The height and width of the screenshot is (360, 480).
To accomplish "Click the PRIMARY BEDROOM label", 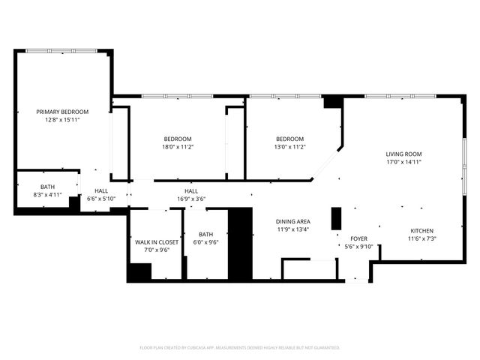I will click(x=62, y=112).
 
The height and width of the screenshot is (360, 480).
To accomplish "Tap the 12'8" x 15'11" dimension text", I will click(x=62, y=119).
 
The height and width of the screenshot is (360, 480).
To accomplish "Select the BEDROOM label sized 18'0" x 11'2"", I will click(x=178, y=139).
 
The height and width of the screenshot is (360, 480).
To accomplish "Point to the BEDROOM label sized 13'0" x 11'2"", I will click(x=289, y=139).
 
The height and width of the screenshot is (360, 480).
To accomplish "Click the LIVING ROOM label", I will click(x=404, y=154).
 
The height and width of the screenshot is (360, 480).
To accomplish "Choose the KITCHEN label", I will click(x=421, y=230).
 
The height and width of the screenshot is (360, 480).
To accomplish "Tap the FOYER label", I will click(x=359, y=238).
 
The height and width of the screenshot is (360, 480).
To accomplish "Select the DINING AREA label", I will click(x=293, y=221).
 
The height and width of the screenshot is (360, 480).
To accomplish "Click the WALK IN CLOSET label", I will click(x=157, y=242).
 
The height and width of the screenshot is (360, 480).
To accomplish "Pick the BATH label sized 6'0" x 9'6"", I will click(x=206, y=235).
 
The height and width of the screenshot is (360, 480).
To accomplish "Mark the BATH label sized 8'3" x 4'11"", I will click(x=40, y=187).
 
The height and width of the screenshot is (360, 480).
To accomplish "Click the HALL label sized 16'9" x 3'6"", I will click(x=191, y=191).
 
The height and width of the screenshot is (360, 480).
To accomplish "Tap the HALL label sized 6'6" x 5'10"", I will click(x=101, y=191).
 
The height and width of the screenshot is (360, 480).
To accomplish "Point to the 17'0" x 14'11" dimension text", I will click(x=404, y=162).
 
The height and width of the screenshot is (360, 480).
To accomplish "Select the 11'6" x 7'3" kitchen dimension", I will click(x=421, y=238).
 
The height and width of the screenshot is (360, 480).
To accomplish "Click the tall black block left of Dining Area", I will click(x=240, y=242).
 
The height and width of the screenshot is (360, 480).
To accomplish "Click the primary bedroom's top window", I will click(x=61, y=50).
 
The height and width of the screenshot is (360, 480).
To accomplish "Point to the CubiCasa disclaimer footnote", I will click(x=240, y=347).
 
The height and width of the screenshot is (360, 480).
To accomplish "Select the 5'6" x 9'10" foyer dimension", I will click(x=359, y=246).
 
